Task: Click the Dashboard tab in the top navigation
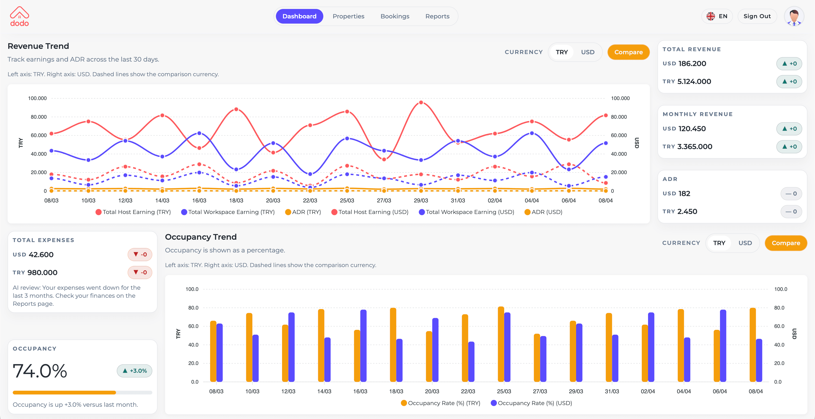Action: click(x=299, y=16)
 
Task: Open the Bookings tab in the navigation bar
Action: click(x=395, y=16)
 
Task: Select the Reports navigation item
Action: click(x=437, y=16)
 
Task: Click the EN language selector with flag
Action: click(x=717, y=16)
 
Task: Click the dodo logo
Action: click(x=19, y=17)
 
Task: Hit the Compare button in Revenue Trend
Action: click(x=628, y=52)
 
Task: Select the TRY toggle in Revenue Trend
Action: click(x=561, y=52)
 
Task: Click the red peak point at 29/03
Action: click(x=421, y=103)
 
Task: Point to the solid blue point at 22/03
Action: click(x=310, y=174)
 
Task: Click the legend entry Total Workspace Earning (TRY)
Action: click(x=228, y=212)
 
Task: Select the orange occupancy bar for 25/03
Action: click(x=501, y=344)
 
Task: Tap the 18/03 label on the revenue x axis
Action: click(x=236, y=201)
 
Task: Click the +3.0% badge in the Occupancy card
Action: click(x=134, y=371)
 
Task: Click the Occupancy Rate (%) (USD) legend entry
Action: click(x=531, y=403)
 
